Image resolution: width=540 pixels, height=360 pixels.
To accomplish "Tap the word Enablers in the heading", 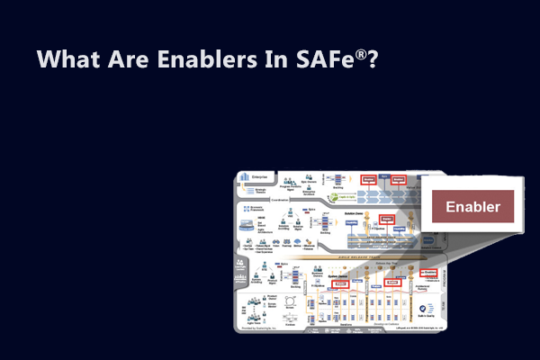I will pos(202,60).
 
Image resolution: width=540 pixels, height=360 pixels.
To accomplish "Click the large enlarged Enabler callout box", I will pos(472,206).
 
